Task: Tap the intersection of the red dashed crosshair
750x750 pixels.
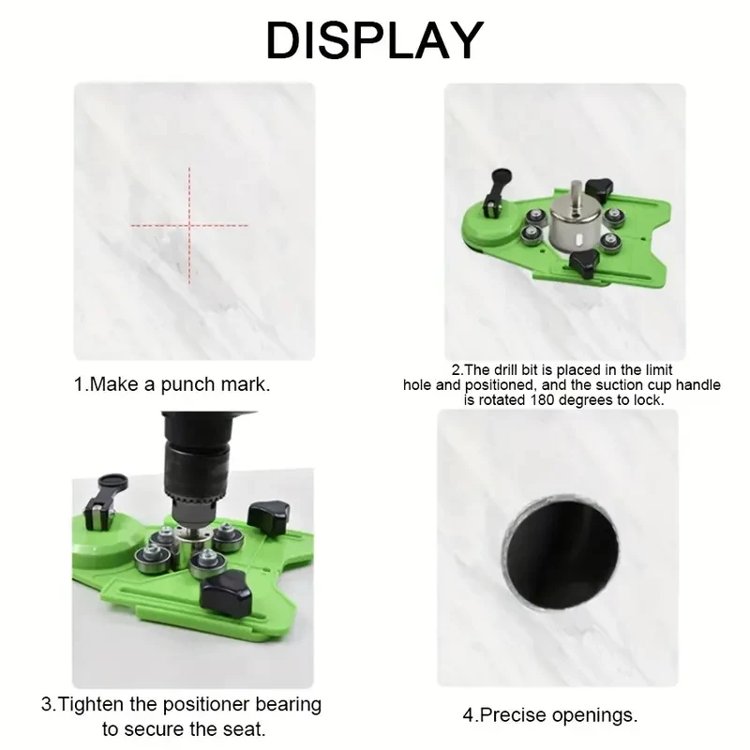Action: tap(190, 225)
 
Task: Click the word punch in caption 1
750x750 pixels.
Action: tap(185, 385)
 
